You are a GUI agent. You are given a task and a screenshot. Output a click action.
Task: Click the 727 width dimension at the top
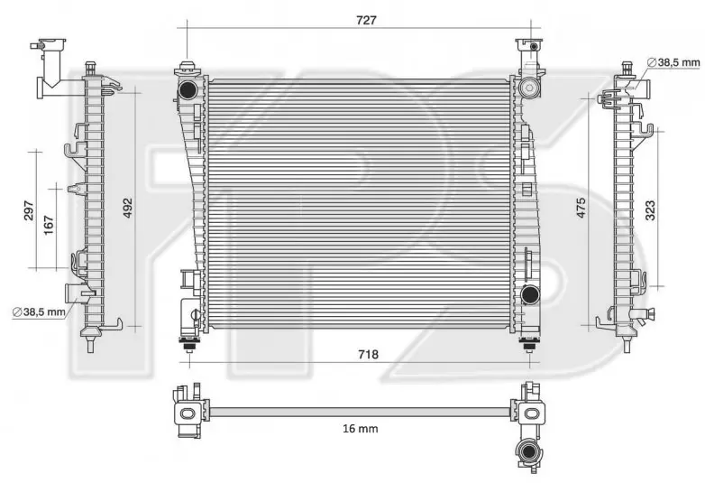[366, 20]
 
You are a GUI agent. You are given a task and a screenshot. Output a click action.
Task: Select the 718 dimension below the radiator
[368, 355]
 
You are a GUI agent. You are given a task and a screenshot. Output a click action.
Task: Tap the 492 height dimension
[128, 208]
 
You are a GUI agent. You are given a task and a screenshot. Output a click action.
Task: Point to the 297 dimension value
[28, 210]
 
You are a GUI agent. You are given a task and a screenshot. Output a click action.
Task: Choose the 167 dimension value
[48, 225]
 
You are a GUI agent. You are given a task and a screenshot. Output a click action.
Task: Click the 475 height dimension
[581, 208]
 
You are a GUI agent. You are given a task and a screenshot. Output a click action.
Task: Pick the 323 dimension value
[650, 210]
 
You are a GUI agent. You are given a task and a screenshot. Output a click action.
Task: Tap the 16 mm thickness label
[360, 429]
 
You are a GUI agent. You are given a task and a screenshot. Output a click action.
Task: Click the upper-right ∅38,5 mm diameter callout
[673, 62]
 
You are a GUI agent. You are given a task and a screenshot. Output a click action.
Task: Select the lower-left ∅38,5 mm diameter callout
[39, 311]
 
